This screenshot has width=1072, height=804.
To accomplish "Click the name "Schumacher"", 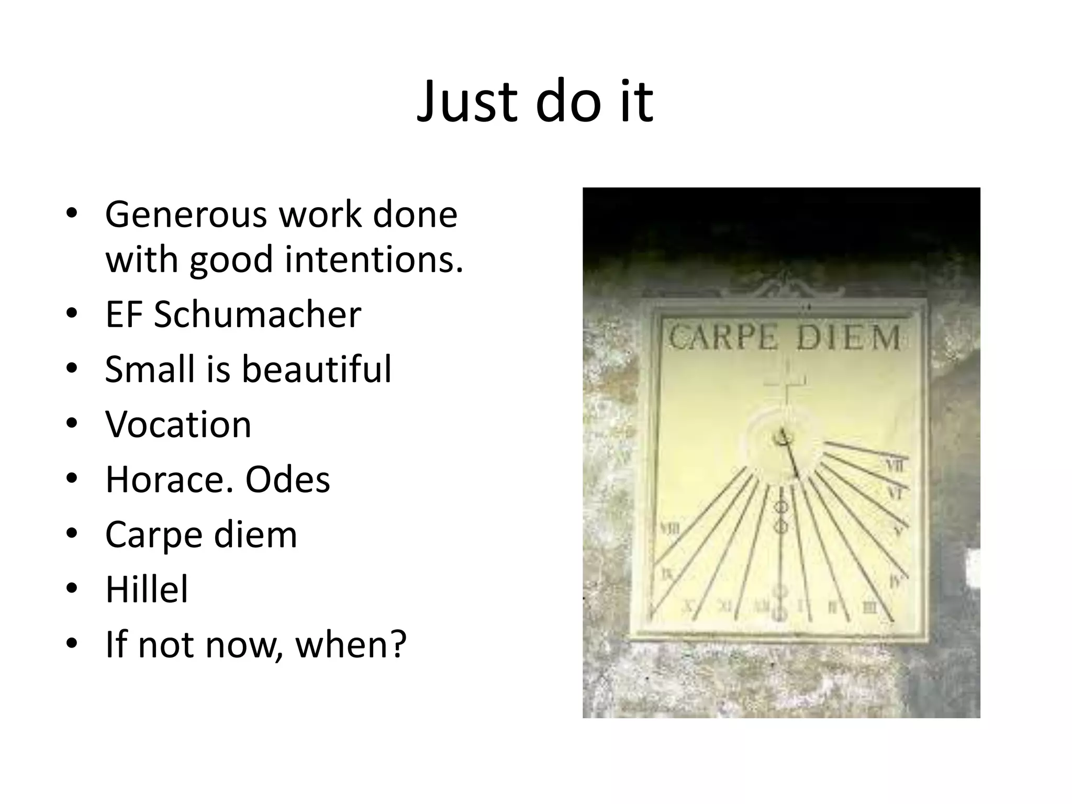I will (257, 315).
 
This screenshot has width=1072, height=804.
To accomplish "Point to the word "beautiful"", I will (316, 369).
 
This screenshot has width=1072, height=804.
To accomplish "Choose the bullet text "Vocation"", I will (178, 424).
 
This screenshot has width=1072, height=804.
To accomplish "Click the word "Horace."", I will (169, 479).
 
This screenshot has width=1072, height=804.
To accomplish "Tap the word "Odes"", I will (288, 479).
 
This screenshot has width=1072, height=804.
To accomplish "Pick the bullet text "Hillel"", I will (147, 589).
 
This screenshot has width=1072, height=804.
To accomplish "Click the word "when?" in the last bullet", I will (351, 645).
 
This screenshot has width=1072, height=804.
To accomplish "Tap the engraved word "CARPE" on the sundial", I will (723, 338).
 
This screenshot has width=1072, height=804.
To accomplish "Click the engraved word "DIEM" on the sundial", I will (848, 338).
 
